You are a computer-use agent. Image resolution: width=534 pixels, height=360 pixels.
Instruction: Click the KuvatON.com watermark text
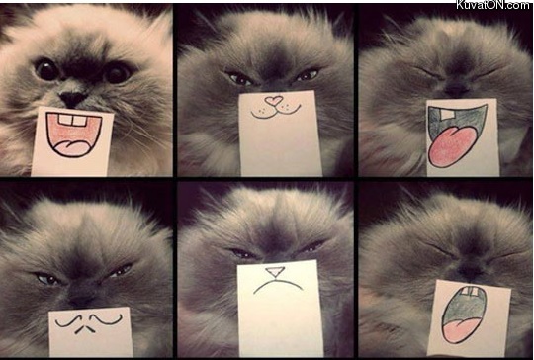coord(494,4)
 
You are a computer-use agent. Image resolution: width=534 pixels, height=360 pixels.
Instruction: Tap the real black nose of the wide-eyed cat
coord(72,99)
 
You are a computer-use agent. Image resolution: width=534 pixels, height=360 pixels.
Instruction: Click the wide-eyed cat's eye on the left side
coord(46,69)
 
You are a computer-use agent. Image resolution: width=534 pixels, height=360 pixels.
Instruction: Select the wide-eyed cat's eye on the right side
coord(118,73)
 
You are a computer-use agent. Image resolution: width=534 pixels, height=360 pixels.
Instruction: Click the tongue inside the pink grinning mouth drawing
coord(71,147)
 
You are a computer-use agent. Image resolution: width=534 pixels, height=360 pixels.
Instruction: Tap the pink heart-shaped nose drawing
coord(274,100)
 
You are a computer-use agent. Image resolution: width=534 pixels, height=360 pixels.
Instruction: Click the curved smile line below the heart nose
coord(276,112)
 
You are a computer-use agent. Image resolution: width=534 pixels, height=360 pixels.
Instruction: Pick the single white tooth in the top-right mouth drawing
coord(446,114)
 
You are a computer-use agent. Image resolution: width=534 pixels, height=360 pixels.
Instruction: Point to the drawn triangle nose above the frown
coord(275,271)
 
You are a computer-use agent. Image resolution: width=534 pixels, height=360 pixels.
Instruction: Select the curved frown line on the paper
coord(278,285)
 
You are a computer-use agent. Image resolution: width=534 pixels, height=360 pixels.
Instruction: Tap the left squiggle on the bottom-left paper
coord(69,321)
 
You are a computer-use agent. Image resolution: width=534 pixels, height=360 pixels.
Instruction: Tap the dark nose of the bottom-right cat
coord(470,271)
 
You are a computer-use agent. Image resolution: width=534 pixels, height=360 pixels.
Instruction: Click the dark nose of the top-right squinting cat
coord(456,89)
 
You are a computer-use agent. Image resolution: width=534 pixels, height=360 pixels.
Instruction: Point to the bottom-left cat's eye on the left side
coord(47,279)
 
